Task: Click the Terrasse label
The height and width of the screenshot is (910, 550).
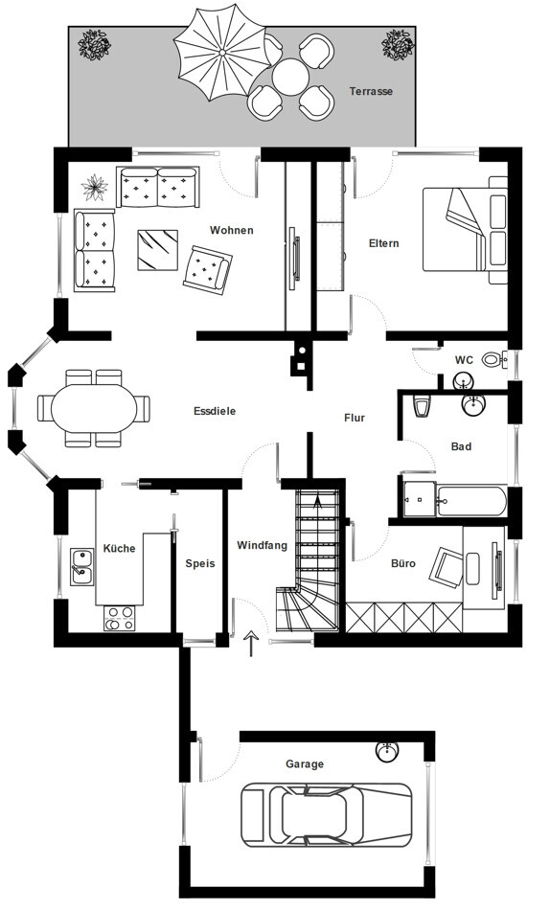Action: pos(371,91)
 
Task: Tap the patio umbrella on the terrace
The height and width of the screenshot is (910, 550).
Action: pos(221,53)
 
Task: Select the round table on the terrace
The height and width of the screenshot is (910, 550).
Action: pos(290,77)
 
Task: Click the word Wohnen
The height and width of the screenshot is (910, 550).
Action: pos(232,231)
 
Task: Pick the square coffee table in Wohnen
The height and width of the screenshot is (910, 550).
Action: pos(157,250)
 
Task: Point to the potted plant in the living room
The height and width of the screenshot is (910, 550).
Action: pos(94,188)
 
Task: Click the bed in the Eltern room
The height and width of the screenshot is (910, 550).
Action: pos(466,230)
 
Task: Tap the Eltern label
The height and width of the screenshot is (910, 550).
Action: pos(384,243)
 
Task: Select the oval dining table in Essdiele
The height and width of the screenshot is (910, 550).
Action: pos(94,408)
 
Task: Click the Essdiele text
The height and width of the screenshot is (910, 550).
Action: pos(215,411)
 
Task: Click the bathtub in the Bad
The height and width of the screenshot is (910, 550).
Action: pos(471,501)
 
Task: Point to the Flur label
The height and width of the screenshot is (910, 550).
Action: pos(355,418)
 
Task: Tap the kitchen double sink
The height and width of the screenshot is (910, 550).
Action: pos(82,567)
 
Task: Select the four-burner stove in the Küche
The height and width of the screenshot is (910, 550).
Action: pos(120,618)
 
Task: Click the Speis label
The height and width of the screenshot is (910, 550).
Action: pos(200,563)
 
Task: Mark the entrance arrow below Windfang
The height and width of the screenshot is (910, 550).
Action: pos(251,644)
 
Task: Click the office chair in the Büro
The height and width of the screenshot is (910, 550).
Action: pos(447,566)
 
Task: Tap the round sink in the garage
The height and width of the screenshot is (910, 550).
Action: pos(386,751)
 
